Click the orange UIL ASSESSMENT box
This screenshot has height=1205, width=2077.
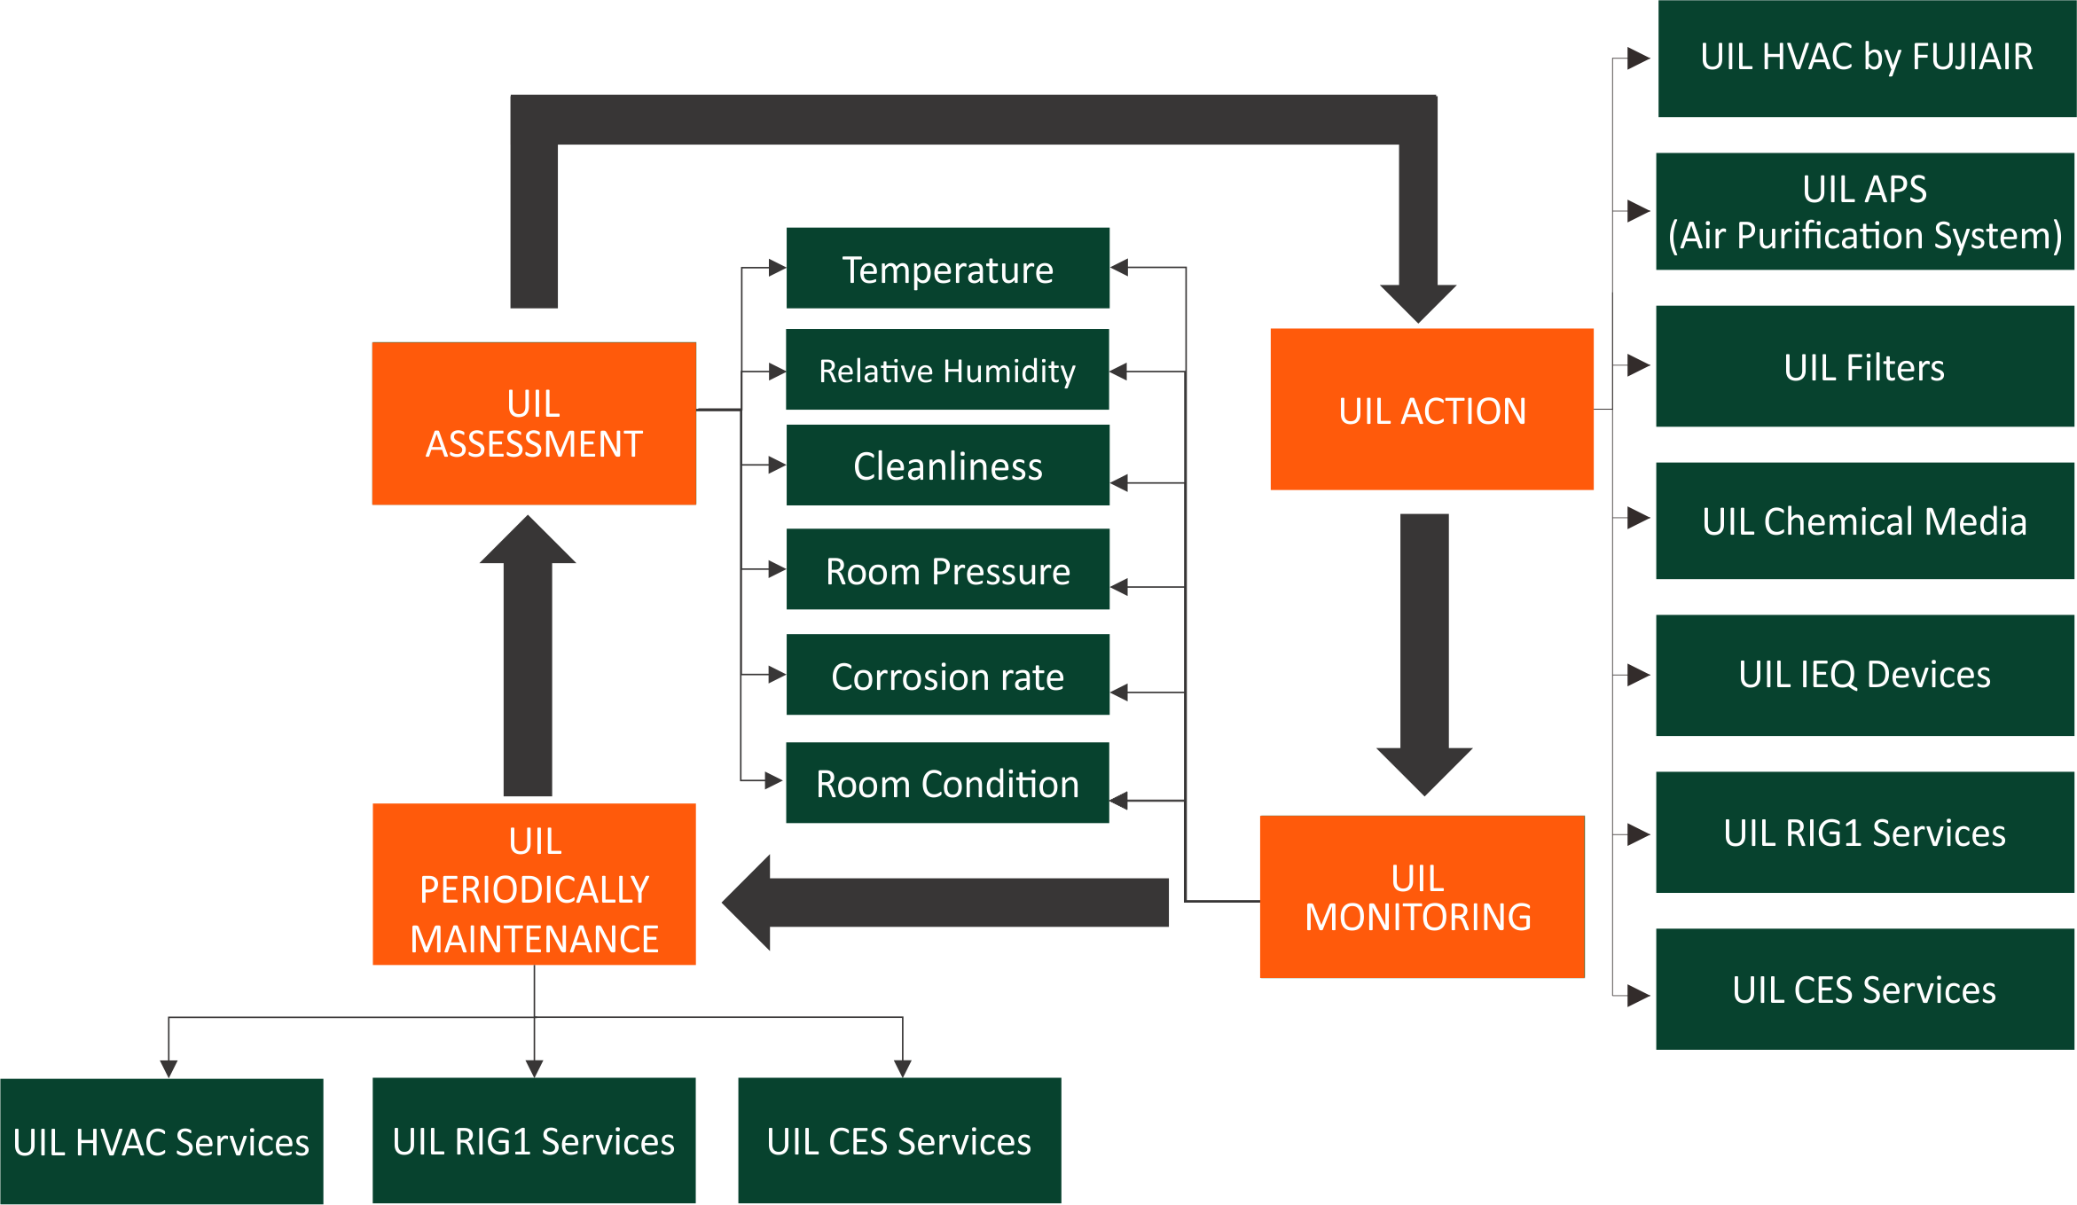[534, 424]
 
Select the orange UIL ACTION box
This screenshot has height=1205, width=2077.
[1431, 410]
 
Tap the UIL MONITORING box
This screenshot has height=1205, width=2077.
[1422, 896]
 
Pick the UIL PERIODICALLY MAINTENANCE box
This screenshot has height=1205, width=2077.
[534, 885]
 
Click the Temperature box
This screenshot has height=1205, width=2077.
[947, 268]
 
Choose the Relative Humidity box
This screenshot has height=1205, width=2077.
[947, 370]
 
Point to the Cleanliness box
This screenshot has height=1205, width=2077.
[947, 465]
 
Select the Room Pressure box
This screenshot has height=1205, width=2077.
[947, 569]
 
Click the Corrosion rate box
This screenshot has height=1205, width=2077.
[947, 675]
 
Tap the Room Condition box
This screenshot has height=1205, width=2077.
[947, 783]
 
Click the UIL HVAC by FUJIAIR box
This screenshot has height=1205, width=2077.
[1866, 59]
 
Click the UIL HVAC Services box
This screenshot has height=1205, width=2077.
[161, 1141]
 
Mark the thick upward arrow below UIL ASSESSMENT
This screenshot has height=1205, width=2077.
[528, 656]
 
